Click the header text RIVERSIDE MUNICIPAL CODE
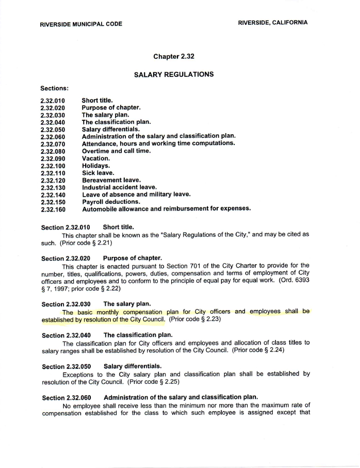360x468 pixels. point(81,24)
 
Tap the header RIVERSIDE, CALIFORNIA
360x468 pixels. point(273,23)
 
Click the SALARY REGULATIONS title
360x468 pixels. point(174,74)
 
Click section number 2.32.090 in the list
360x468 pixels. point(53,158)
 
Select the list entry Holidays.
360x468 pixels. point(96,166)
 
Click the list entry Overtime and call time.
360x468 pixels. point(118,151)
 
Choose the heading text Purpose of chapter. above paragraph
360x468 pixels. point(133,258)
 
